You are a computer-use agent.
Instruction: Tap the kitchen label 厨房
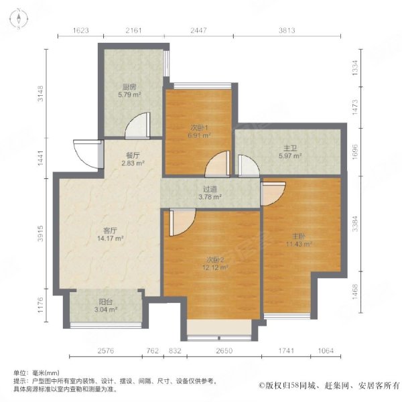[130, 86]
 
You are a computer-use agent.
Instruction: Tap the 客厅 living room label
[111, 230]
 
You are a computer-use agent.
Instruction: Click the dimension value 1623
[81, 31]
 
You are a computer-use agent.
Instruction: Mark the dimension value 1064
[326, 351]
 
